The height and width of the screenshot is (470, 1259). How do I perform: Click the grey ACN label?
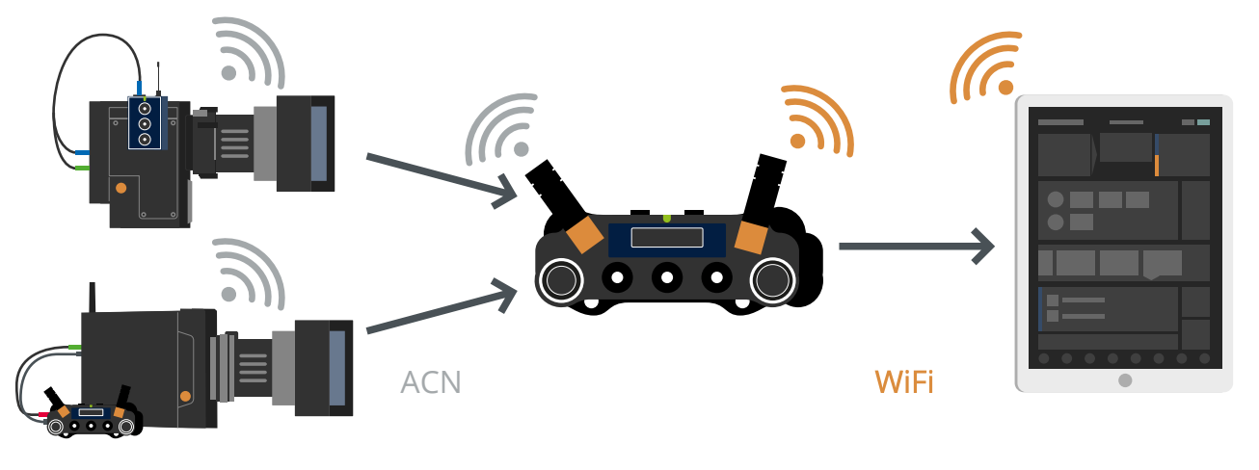click(431, 382)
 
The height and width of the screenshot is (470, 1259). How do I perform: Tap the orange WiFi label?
click(904, 382)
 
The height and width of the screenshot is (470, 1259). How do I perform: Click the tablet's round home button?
click(1124, 380)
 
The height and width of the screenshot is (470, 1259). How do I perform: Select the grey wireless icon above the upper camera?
click(249, 52)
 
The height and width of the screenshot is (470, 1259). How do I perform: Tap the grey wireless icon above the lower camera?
click(249, 274)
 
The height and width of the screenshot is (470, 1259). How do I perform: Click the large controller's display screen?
click(666, 238)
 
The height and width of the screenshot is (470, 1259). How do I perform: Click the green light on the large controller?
click(666, 219)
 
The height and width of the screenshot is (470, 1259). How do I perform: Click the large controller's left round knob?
click(560, 279)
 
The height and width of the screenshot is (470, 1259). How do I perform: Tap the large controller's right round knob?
click(771, 279)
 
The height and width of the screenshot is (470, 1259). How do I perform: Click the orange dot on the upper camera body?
click(121, 188)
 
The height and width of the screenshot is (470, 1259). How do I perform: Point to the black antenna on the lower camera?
click(93, 299)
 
